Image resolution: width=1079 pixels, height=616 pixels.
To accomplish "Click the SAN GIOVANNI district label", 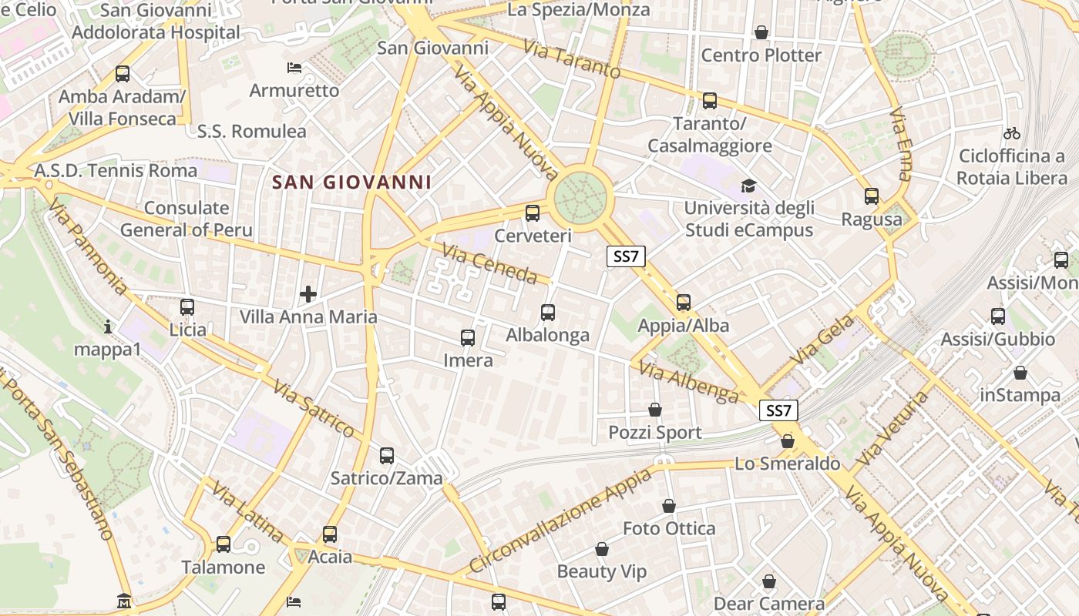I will tap(351, 182).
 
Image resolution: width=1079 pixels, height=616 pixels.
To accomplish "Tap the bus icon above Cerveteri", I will tap(532, 213).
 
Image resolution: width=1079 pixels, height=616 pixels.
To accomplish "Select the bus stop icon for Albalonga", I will tap(548, 312).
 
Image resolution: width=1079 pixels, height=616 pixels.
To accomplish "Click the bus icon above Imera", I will tap(468, 337).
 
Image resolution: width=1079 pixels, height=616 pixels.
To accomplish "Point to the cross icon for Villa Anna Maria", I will tap(308, 293).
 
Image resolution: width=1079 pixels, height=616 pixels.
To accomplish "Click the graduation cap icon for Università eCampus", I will tap(748, 186).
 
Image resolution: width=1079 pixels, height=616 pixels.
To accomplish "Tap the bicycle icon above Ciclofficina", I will tap(1012, 133).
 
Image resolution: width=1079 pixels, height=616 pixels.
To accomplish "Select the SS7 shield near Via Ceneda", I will tap(626, 256).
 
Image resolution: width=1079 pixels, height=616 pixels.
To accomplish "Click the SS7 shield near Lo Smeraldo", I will tap(778, 410).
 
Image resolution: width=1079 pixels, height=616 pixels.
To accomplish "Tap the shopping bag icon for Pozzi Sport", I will tap(655, 410).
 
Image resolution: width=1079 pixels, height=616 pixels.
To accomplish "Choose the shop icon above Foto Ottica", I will tap(669, 506).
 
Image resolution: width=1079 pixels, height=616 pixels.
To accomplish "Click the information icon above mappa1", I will tap(108, 327).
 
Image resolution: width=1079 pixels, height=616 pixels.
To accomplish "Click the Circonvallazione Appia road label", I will tap(560, 520).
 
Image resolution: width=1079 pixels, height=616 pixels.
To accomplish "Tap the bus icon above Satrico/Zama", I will tap(387, 455).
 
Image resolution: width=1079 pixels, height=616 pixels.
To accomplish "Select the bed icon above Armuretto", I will tap(294, 68).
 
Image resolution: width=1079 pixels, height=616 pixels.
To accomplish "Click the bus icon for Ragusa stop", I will tap(872, 196).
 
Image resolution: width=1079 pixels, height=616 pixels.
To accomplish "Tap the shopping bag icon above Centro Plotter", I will tap(761, 32).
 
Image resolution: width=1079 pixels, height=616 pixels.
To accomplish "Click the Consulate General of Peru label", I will tap(187, 219).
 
